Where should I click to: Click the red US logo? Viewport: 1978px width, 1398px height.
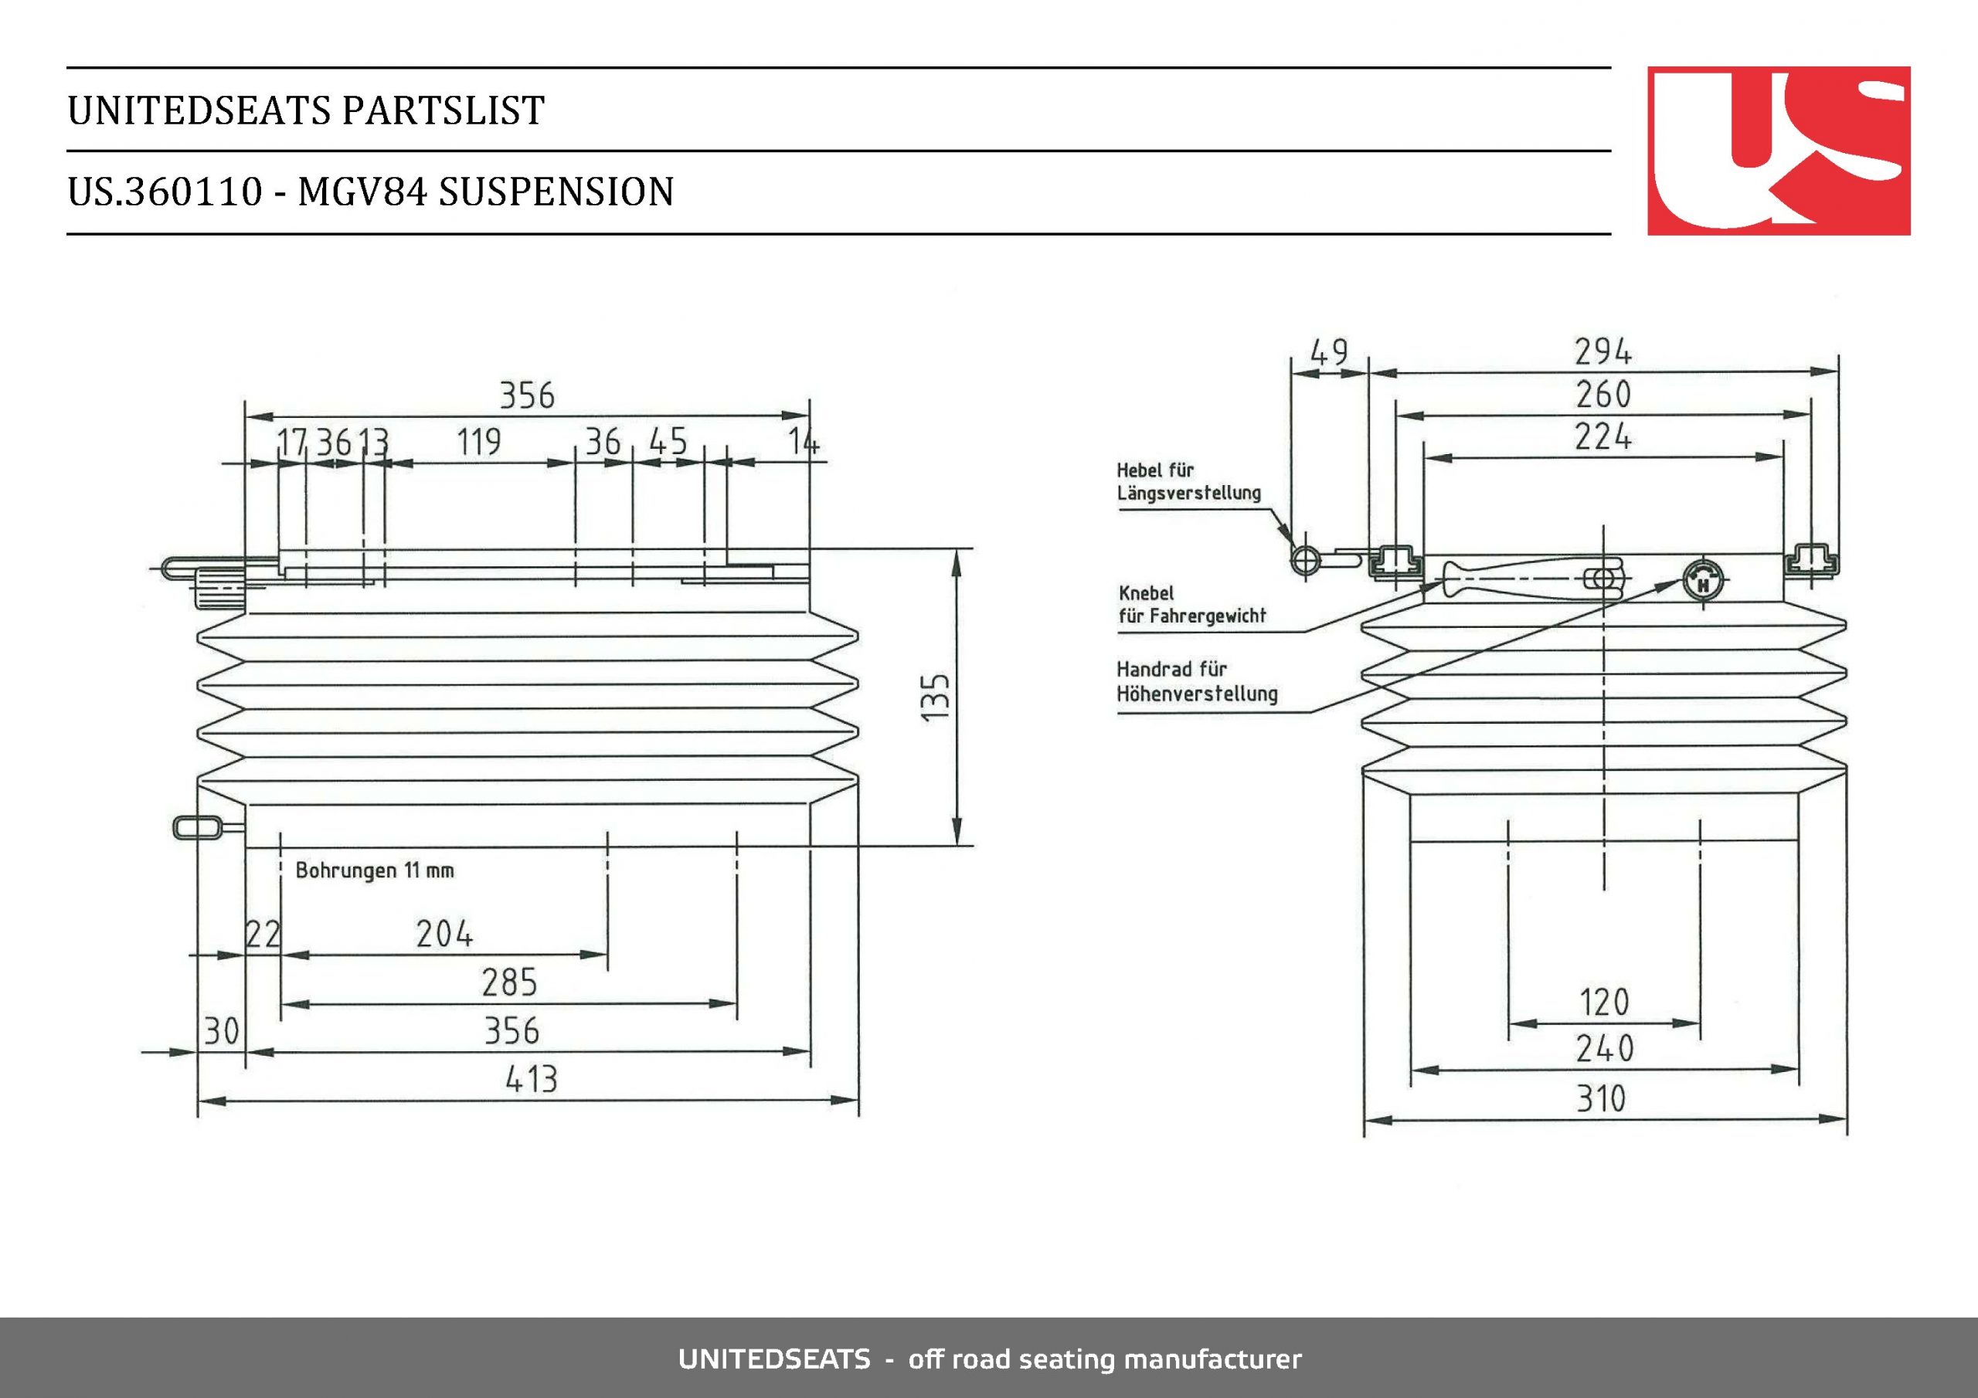point(1778,151)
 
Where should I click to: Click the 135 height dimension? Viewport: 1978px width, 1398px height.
point(935,696)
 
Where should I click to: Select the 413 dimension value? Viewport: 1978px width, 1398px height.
point(531,1079)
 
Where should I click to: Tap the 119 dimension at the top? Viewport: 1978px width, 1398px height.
point(478,442)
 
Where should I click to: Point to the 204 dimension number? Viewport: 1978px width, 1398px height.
point(444,934)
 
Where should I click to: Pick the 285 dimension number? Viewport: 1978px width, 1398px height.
point(509,982)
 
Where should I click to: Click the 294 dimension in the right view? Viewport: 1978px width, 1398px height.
point(1602,351)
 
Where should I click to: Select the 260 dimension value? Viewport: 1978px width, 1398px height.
point(1603,395)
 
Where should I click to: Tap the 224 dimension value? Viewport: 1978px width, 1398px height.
point(1602,436)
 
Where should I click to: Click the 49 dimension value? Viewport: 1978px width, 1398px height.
point(1328,352)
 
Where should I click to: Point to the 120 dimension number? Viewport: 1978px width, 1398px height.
point(1604,1003)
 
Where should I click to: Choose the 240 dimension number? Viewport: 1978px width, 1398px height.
point(1604,1049)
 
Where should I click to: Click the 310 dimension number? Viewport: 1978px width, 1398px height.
point(1602,1099)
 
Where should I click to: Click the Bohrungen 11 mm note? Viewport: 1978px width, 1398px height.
point(374,870)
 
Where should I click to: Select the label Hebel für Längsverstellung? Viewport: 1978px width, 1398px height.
point(1188,481)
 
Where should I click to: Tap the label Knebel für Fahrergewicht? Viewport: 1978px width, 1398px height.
point(1191,604)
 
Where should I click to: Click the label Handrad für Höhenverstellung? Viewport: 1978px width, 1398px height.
point(1197,681)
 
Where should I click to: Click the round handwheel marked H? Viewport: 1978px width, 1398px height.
point(1703,583)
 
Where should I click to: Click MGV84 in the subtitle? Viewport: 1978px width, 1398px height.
point(362,192)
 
